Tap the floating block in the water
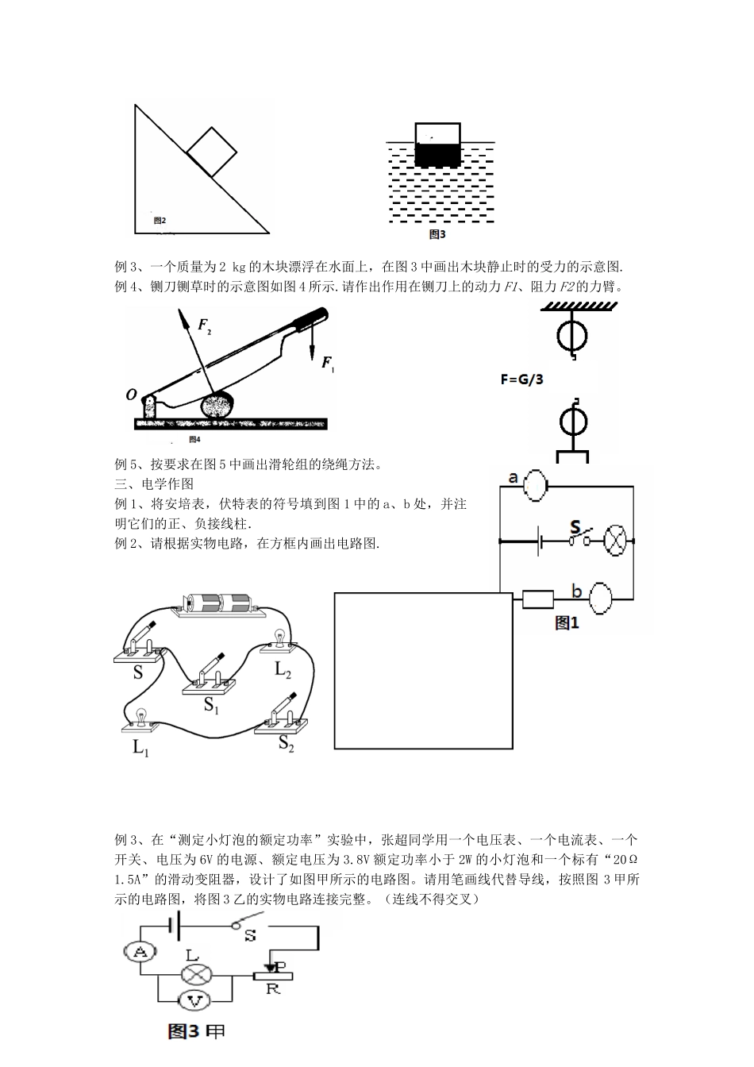click(x=438, y=144)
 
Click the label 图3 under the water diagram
click(x=437, y=234)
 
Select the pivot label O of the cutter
click(x=131, y=395)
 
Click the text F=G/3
click(x=522, y=379)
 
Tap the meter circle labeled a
click(x=537, y=485)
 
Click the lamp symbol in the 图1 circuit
click(x=617, y=540)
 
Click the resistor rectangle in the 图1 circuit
click(x=537, y=599)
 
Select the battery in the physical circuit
click(x=216, y=604)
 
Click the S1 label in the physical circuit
click(x=211, y=704)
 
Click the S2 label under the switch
click(x=287, y=744)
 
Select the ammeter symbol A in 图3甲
click(x=140, y=953)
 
